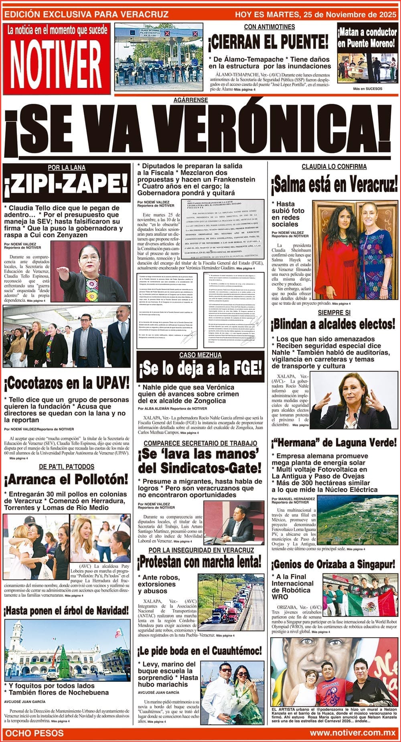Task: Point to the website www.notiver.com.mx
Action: [x=352, y=733]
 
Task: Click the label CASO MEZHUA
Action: [x=200, y=355]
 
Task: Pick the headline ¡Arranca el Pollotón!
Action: [x=66, y=479]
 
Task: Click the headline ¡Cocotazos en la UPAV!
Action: [x=66, y=383]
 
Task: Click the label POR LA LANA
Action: [x=66, y=168]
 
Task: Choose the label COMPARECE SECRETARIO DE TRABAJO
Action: [x=200, y=443]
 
